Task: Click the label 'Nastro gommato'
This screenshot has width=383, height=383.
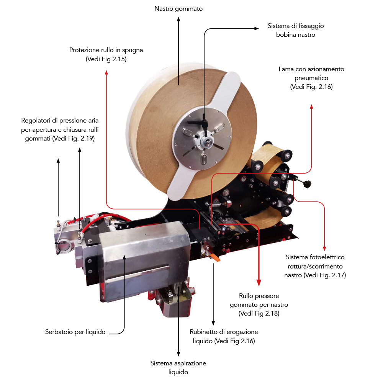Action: point(178,9)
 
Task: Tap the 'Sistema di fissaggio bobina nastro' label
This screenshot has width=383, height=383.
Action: point(296,30)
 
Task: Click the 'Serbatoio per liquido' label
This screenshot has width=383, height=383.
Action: point(75,332)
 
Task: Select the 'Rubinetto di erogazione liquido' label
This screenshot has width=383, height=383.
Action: point(224,336)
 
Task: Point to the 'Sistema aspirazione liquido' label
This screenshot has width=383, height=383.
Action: point(178,367)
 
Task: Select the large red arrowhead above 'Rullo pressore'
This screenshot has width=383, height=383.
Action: point(259,283)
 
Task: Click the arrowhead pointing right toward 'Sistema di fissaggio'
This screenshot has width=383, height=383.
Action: point(257,29)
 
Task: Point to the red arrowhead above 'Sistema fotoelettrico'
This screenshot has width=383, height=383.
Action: point(324,249)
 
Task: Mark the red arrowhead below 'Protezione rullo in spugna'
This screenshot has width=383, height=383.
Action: point(106,72)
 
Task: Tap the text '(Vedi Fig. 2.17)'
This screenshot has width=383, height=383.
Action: point(325,275)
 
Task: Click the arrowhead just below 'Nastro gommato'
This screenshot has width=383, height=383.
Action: point(178,19)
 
